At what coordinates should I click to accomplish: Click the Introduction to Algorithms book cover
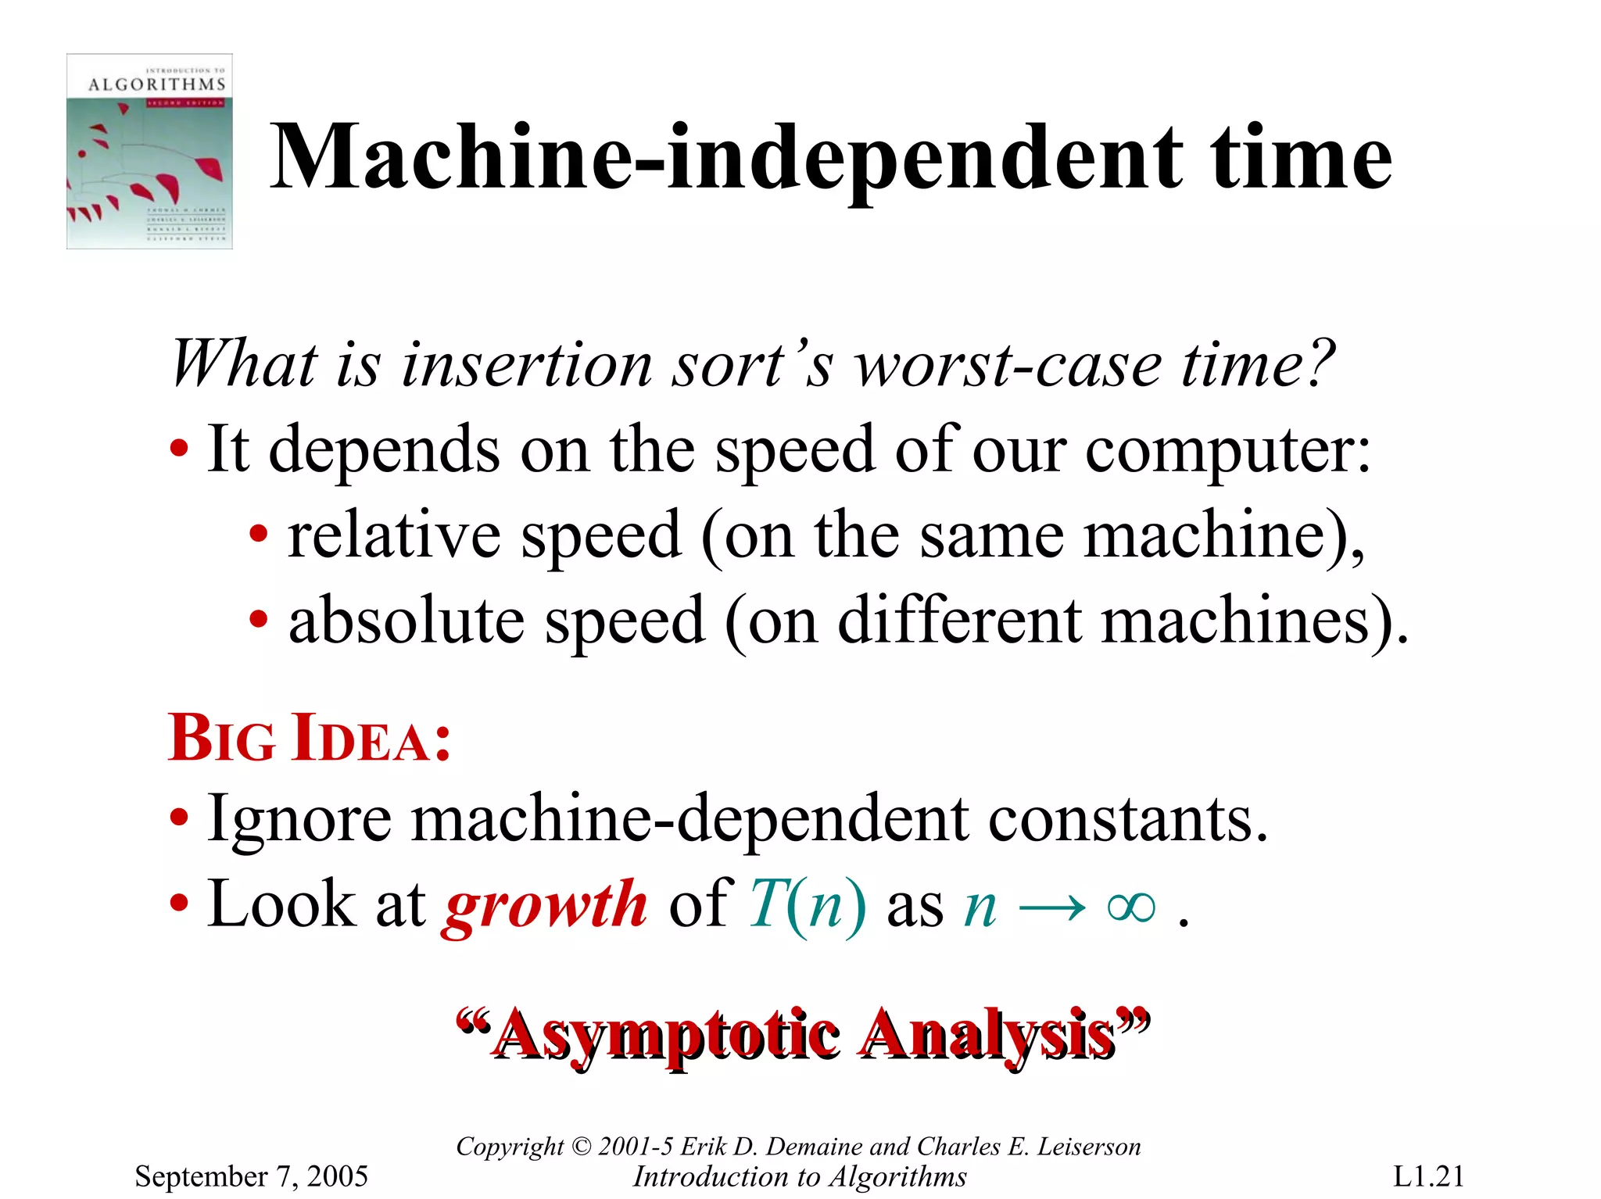click(149, 151)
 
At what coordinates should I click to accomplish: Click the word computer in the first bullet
click(1227, 451)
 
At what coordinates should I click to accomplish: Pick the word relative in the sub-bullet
click(394, 535)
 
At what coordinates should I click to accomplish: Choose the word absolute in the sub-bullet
click(407, 621)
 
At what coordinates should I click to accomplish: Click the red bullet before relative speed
click(259, 536)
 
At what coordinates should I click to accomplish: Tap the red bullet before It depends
click(179, 450)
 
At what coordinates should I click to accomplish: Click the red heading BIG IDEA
click(310, 739)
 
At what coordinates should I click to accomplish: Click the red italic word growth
click(546, 905)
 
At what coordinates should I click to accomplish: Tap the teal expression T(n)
click(807, 905)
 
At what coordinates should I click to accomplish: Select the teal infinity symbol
click(1131, 907)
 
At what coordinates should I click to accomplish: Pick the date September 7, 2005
click(251, 1176)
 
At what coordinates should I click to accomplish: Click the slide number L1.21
click(1428, 1176)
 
